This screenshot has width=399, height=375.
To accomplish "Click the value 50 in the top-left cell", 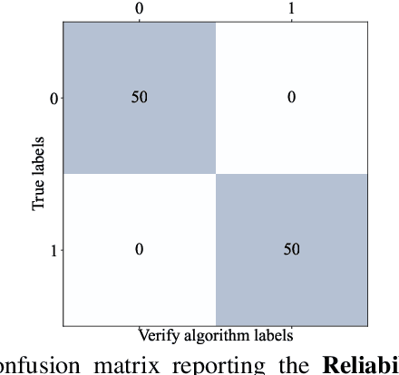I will (140, 97).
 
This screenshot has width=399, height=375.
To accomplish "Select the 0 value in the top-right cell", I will (291, 97).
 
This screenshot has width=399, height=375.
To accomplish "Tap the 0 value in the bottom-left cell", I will (140, 249).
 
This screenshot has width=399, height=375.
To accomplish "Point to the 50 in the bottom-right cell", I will (291, 249).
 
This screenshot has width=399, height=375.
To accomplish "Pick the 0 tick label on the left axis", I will (54, 97).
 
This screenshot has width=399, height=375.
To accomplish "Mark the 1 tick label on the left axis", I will (54, 249).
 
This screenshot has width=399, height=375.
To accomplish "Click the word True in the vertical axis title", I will (39, 196).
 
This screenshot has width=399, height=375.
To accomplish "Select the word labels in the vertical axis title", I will (39, 155).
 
